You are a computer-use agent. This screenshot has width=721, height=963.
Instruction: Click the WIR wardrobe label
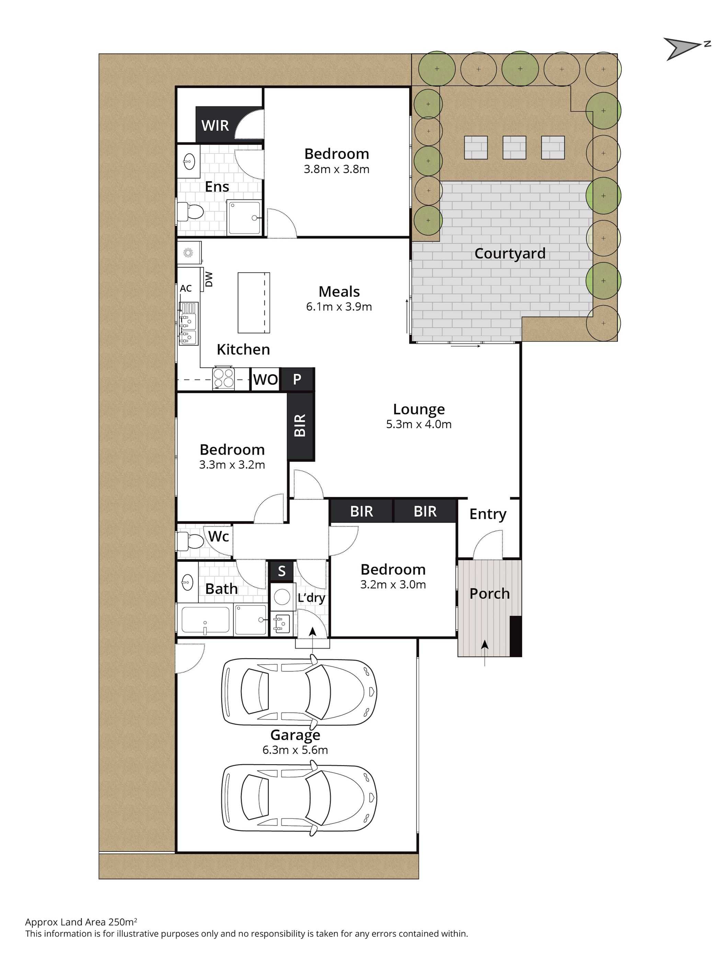pos(215,125)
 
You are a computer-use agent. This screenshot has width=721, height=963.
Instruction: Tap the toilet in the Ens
pos(191,212)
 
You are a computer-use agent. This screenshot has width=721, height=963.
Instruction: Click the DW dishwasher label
pos(209,279)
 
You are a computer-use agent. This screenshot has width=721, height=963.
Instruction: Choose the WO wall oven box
pos(265,379)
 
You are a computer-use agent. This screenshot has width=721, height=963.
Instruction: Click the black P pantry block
pos(298,379)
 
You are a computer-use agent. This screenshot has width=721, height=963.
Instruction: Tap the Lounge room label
pos(419,409)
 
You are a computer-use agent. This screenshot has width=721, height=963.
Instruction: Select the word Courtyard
pos(510,253)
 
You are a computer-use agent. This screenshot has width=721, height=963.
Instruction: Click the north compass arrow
pos(683,47)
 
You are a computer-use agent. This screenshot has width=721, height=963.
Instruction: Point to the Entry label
pos(488,514)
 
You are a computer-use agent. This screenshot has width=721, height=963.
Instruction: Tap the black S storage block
pos(282,571)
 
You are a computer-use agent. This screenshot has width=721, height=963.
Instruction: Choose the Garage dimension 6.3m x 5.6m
pos(295,750)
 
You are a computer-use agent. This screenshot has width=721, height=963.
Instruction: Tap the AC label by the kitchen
pos(186,288)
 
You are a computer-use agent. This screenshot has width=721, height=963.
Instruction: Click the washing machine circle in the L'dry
pos(282,597)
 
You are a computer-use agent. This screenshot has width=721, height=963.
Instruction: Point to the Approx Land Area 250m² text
pos(81,922)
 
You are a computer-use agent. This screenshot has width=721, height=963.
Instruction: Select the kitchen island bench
pos(254,303)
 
